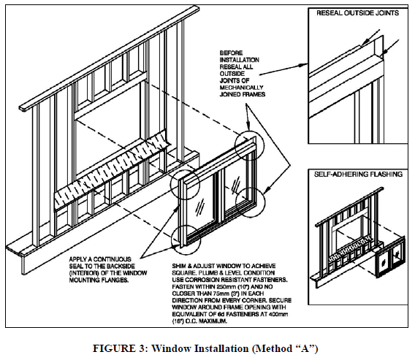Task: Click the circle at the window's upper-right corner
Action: (x=246, y=143)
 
